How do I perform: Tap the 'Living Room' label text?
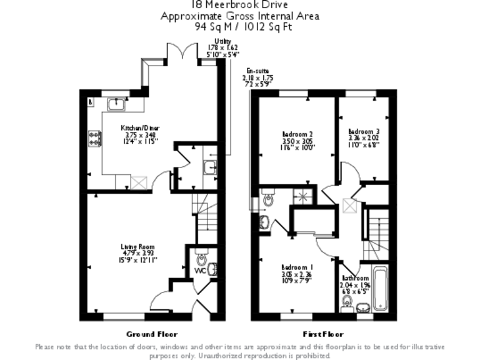pyautogui.click(x=138, y=247)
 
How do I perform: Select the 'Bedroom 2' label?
pyautogui.click(x=297, y=134)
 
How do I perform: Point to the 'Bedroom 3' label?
pyautogui.click(x=364, y=131)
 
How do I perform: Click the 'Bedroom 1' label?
pyautogui.click(x=297, y=267)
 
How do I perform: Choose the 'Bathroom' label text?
pyautogui.click(x=354, y=278)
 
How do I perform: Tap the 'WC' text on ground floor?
pyautogui.click(x=199, y=271)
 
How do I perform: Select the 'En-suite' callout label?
pyautogui.click(x=258, y=71)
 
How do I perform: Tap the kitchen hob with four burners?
pyautogui.click(x=96, y=139)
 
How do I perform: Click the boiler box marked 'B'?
pyautogui.click(x=91, y=101)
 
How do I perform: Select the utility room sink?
pyautogui.click(x=211, y=167)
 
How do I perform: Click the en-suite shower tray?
pyautogui.click(x=304, y=196)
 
